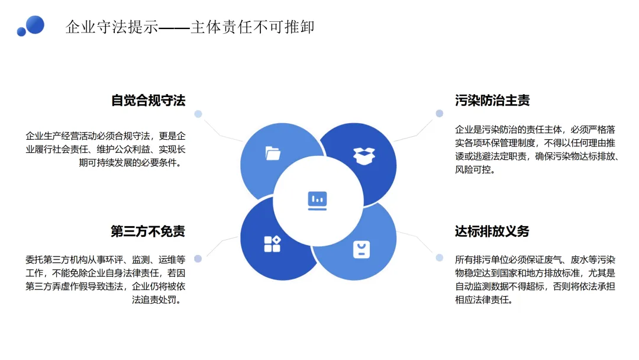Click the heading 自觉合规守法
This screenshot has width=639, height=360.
(148, 101)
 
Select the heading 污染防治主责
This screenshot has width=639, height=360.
(492, 101)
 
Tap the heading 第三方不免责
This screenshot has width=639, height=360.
(148, 232)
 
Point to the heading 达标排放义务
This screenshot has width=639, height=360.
(492, 232)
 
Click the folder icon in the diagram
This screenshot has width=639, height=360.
(273, 154)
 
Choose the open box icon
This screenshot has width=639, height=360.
(363, 155)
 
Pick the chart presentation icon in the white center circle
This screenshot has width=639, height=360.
(317, 200)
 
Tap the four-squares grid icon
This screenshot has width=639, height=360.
(272, 243)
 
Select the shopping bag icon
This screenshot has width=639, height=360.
(362, 249)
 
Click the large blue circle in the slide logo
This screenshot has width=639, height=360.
(35, 24)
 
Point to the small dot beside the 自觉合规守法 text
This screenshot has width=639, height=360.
(198, 114)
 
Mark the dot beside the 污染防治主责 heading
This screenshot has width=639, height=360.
(440, 113)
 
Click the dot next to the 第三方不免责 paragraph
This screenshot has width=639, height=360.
(198, 258)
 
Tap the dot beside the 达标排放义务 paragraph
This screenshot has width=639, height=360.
(440, 258)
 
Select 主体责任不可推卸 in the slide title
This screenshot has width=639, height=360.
(252, 27)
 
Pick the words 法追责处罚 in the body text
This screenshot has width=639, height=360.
(156, 300)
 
